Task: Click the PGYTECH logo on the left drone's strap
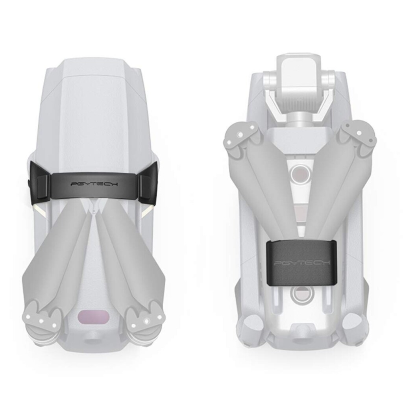coord(94,184)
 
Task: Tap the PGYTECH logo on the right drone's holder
coord(302,263)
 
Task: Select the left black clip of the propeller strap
coord(39,181)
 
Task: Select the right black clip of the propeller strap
coord(148,183)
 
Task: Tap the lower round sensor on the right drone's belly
coord(299,295)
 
